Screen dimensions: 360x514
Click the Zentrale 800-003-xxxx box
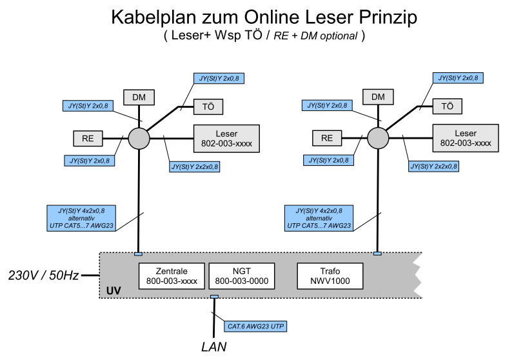click(172, 275)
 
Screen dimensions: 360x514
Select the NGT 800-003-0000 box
click(241, 275)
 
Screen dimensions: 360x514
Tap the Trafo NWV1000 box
click(330, 275)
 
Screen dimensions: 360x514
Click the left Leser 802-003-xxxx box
click(226, 139)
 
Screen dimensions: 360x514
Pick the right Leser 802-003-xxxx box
click(464, 139)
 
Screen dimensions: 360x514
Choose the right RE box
click(327, 137)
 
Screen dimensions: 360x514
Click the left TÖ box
click(208, 106)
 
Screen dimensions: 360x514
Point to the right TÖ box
click(447, 106)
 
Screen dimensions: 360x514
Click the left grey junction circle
click(138, 137)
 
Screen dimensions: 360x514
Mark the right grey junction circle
click(377, 137)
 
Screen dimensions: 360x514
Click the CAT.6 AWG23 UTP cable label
click(254, 326)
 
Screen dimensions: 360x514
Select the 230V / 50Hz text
click(43, 275)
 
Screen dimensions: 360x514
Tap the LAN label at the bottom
click(213, 347)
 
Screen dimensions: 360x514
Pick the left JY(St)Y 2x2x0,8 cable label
click(195, 166)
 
